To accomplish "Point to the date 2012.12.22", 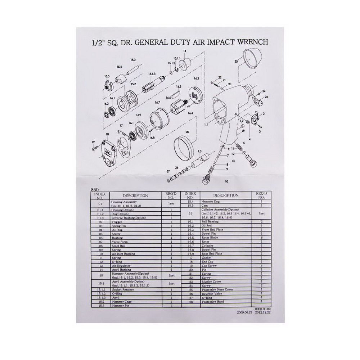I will [263, 313].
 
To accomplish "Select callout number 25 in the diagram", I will [236, 61].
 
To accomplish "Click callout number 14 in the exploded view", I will [185, 51].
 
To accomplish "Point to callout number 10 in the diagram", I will [226, 182].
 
